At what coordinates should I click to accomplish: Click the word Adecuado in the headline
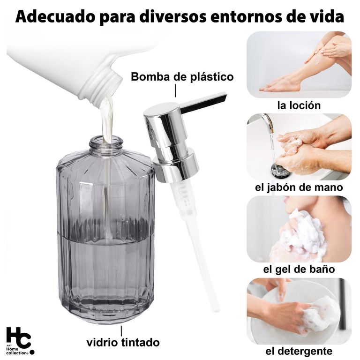pos(55,16)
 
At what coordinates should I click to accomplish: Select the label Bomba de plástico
pos(182,77)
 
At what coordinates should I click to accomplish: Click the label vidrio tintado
pos(123,343)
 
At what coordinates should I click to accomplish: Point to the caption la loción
pos(299,105)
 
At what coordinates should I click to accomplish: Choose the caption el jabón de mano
pos(299,187)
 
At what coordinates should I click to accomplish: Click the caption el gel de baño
pos(299,269)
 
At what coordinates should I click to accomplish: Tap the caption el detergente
pos(299,351)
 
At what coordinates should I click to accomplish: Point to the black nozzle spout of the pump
pos(203,102)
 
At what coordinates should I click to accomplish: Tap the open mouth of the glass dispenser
pos(106,140)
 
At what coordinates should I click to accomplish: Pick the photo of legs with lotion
pos(299,65)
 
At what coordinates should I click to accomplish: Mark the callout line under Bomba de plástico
pos(175,90)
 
